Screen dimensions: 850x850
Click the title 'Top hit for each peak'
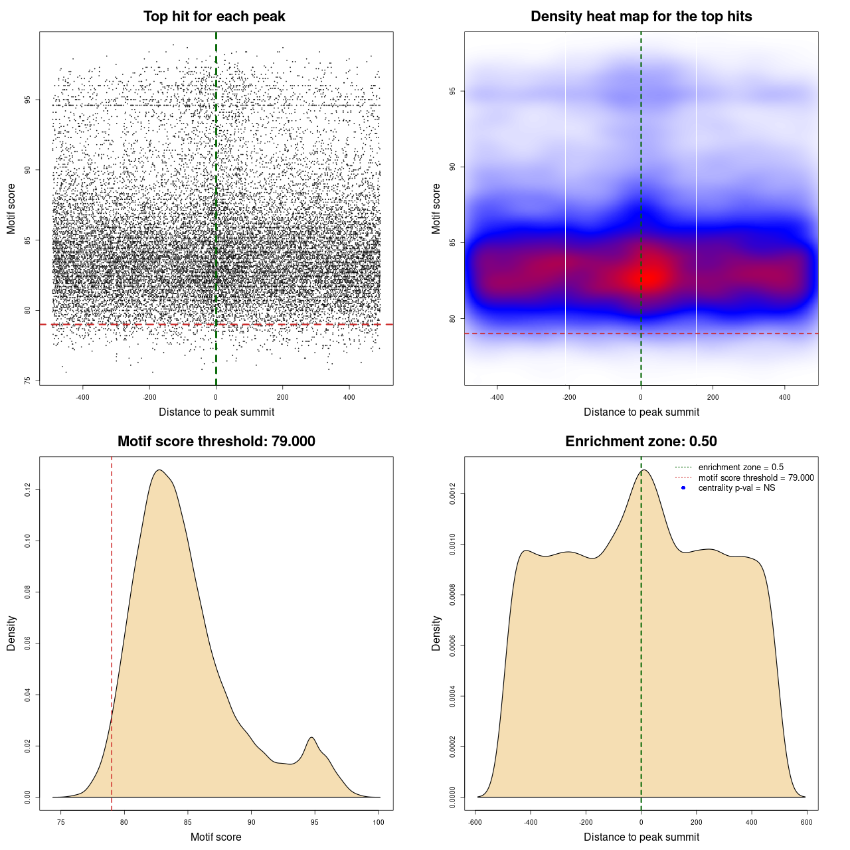coord(214,17)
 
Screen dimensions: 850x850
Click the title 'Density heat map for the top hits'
coord(641,17)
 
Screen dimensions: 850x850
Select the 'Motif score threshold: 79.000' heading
coord(216,442)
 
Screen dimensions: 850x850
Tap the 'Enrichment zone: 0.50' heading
coord(641,442)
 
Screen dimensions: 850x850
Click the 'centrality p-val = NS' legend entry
coord(736,488)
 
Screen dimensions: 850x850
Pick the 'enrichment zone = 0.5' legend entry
coord(740,467)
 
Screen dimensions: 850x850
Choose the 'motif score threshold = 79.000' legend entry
coord(756,477)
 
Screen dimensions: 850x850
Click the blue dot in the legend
coord(683,488)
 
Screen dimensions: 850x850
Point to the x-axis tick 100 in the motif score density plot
coord(379,822)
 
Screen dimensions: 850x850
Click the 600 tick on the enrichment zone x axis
coord(807,822)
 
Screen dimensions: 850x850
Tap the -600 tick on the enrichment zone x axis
coord(475,822)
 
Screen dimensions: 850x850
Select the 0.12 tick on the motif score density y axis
coord(27,490)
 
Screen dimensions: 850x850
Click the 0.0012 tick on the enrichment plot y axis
coord(452,494)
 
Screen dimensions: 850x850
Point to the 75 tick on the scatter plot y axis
coord(27,381)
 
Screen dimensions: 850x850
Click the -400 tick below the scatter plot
coord(82,397)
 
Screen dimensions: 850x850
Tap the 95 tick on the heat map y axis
coord(452,91)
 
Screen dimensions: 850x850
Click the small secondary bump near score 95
coord(311,738)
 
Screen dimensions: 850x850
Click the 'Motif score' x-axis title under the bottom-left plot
coord(216,837)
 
